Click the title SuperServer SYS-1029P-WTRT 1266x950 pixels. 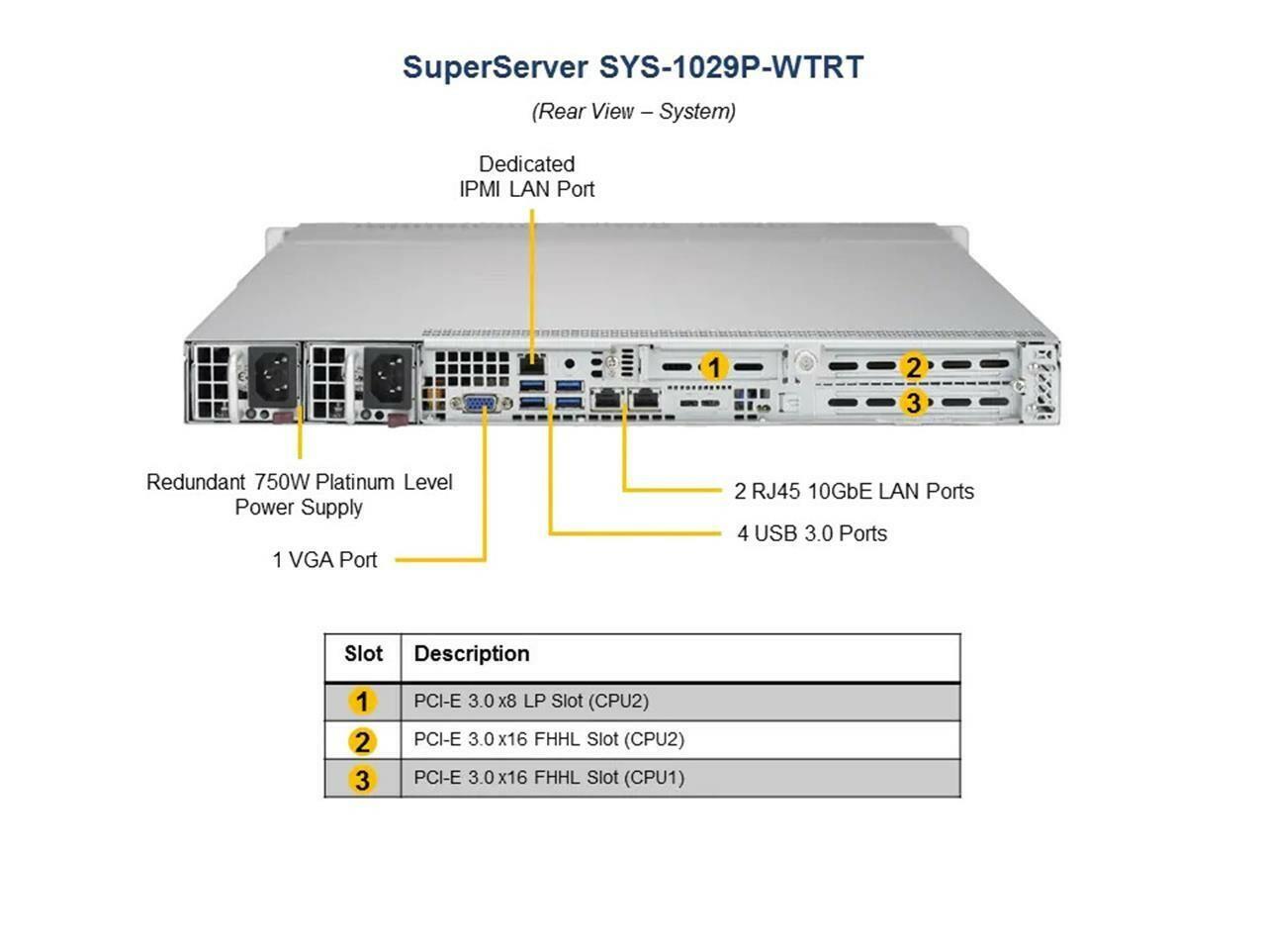click(x=633, y=67)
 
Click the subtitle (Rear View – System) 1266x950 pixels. click(x=633, y=111)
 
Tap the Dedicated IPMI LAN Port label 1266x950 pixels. click(x=526, y=176)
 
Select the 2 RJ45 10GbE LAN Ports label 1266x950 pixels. click(x=854, y=492)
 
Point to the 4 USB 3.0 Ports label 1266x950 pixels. click(x=812, y=533)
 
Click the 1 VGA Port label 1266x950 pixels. click(x=324, y=559)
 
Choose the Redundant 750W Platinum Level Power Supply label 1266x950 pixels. click(x=299, y=495)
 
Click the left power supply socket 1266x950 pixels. click(x=272, y=375)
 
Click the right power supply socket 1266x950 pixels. click(x=388, y=375)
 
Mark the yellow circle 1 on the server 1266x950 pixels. click(x=714, y=367)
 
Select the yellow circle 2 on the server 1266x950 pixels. click(x=914, y=366)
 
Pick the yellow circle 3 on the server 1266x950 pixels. click(x=914, y=402)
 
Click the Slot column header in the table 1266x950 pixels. click(x=363, y=653)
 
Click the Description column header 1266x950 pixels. click(x=472, y=653)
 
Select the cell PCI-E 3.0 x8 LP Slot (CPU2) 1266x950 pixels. click(x=531, y=701)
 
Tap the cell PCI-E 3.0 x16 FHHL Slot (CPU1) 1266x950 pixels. click(x=549, y=778)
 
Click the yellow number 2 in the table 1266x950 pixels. click(x=362, y=741)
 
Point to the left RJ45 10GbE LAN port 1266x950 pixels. click(x=606, y=399)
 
